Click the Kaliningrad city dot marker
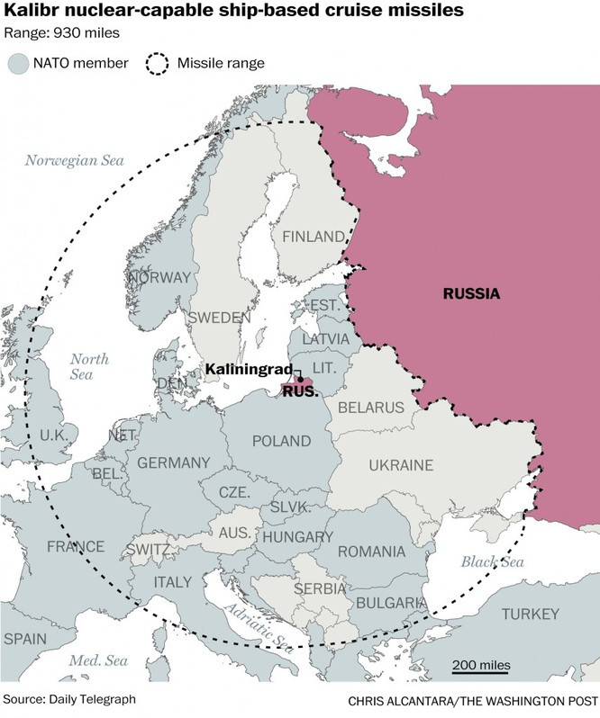click(x=300, y=379)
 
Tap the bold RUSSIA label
click(x=471, y=293)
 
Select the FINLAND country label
click(x=314, y=237)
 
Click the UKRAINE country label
click(x=401, y=465)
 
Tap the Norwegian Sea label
click(x=73, y=160)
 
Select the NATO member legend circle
click(x=19, y=63)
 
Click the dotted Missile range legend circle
click(x=159, y=63)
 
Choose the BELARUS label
click(x=370, y=408)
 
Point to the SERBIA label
click(x=319, y=588)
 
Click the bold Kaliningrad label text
click(x=247, y=370)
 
